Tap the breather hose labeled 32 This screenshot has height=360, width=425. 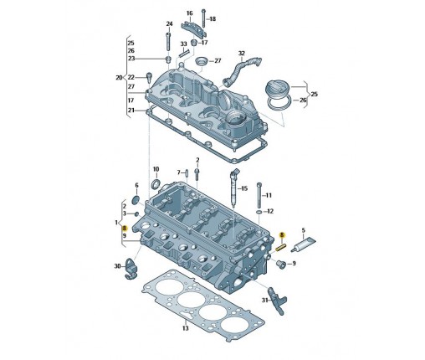click(x=242, y=70)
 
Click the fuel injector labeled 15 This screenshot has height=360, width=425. click(x=234, y=188)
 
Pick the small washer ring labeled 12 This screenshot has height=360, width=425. click(x=259, y=213)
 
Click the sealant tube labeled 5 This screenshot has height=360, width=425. click(x=304, y=244)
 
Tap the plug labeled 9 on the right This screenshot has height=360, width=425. click(x=279, y=264)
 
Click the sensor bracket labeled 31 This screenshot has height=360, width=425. click(x=277, y=301)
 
